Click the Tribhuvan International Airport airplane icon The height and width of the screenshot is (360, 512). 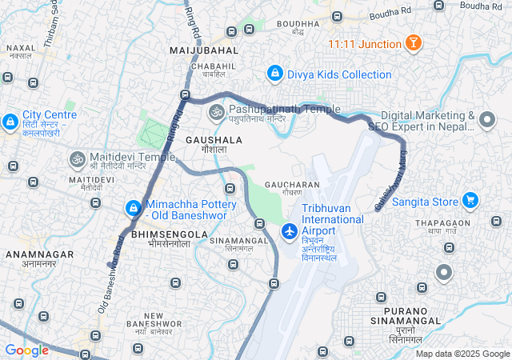click(x=290, y=231)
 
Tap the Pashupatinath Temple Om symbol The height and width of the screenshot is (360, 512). click(x=216, y=113)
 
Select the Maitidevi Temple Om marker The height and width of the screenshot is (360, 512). click(x=78, y=159)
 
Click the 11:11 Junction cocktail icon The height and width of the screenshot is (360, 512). click(x=414, y=43)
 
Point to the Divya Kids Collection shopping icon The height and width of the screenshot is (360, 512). click(x=275, y=74)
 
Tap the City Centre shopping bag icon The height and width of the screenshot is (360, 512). click(x=10, y=122)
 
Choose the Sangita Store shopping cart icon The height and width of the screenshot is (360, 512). click(x=471, y=200)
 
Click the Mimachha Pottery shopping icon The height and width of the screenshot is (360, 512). click(x=133, y=209)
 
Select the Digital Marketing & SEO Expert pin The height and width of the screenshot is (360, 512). click(x=487, y=122)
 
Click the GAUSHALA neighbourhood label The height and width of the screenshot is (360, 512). click(x=214, y=139)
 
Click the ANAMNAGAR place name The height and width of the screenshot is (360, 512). click(x=38, y=254)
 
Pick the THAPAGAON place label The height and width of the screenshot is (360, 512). click(x=442, y=223)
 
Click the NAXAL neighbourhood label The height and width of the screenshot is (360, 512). click(x=22, y=48)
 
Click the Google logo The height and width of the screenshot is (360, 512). click(x=26, y=350)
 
